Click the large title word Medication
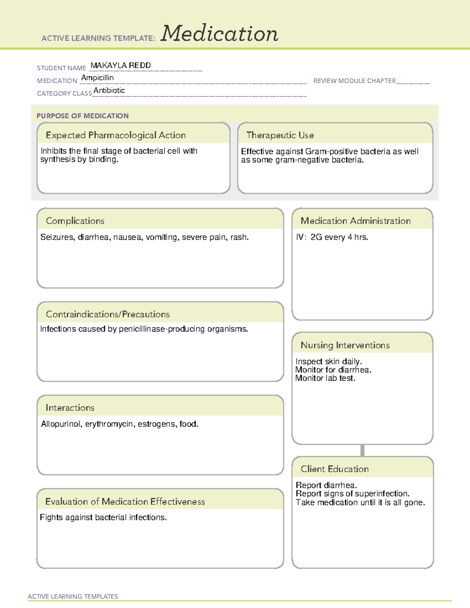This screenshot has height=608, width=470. (219, 34)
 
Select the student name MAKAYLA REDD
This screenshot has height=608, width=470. (121, 65)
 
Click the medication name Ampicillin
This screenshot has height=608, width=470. (98, 78)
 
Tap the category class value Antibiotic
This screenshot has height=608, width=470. (109, 90)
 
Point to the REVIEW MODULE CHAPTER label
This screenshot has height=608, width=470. (354, 81)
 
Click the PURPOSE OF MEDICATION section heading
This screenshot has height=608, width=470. (83, 116)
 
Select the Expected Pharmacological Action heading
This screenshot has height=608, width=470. (116, 135)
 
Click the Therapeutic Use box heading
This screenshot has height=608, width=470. (280, 135)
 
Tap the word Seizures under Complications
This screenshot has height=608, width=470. (57, 237)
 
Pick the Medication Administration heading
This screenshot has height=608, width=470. (356, 221)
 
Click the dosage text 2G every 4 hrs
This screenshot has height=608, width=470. (339, 237)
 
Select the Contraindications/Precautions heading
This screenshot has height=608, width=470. (108, 314)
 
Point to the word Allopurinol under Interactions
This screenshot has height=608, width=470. (61, 424)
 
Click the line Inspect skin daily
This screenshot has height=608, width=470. (329, 361)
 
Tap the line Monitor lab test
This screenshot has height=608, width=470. (325, 378)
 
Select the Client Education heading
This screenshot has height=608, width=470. (335, 469)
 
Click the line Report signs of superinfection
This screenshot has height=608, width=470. (352, 494)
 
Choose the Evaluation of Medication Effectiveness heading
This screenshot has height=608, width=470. (125, 502)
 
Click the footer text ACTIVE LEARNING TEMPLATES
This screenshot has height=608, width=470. (73, 596)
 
